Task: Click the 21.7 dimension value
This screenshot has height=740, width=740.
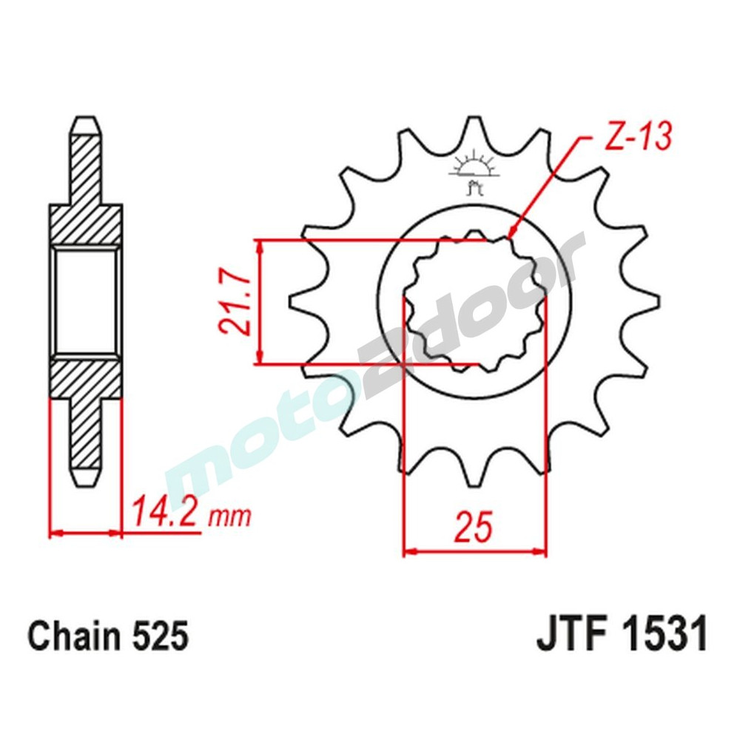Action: pos(231,302)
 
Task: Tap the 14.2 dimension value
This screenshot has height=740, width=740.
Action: pos(165,511)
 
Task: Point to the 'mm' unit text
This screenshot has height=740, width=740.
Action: pos(229,515)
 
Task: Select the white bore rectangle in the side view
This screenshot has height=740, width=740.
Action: pos(85,301)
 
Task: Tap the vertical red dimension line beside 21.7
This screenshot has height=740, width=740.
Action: pos(258,302)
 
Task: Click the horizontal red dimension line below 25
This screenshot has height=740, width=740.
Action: pos(474,551)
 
